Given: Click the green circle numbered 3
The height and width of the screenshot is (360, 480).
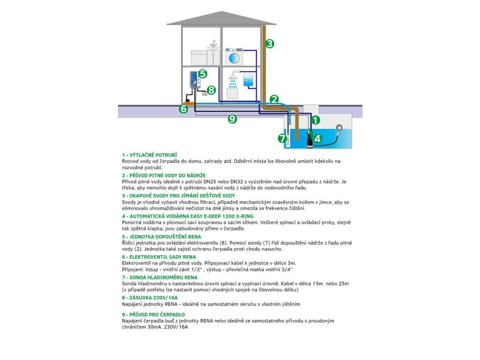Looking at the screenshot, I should pos(269,44).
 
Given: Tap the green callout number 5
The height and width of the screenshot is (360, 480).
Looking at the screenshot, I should pos(202,74).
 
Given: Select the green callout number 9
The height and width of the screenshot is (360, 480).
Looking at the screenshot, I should pos(232,119).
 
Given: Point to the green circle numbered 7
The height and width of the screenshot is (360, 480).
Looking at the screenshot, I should pos(282,138).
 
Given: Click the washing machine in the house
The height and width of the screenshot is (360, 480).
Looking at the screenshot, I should pos(232,57).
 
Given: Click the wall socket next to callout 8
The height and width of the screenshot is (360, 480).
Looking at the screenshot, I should pos(204,93).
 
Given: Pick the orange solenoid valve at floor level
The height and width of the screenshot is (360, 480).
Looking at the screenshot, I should pos(189,100).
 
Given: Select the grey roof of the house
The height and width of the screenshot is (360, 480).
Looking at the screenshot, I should pos(222,18).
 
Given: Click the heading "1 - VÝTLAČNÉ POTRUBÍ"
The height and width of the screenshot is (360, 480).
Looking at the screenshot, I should pos(149,155).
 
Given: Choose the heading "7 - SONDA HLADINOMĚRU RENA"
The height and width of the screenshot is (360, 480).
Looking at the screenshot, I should pos(156,277).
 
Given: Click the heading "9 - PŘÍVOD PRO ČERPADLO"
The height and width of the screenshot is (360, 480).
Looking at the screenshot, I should pos(153,315).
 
